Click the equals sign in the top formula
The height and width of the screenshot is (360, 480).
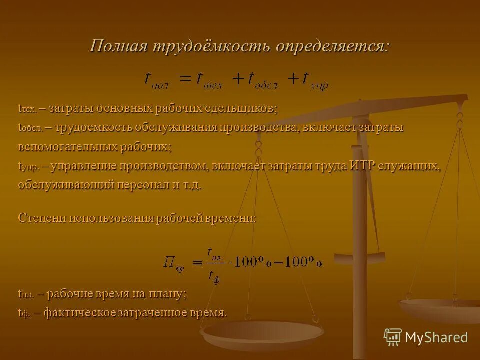[185, 79]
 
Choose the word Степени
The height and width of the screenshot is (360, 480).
[42, 218]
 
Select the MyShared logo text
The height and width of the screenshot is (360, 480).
[436, 337]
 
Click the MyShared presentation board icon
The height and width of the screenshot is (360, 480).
[393, 337]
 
